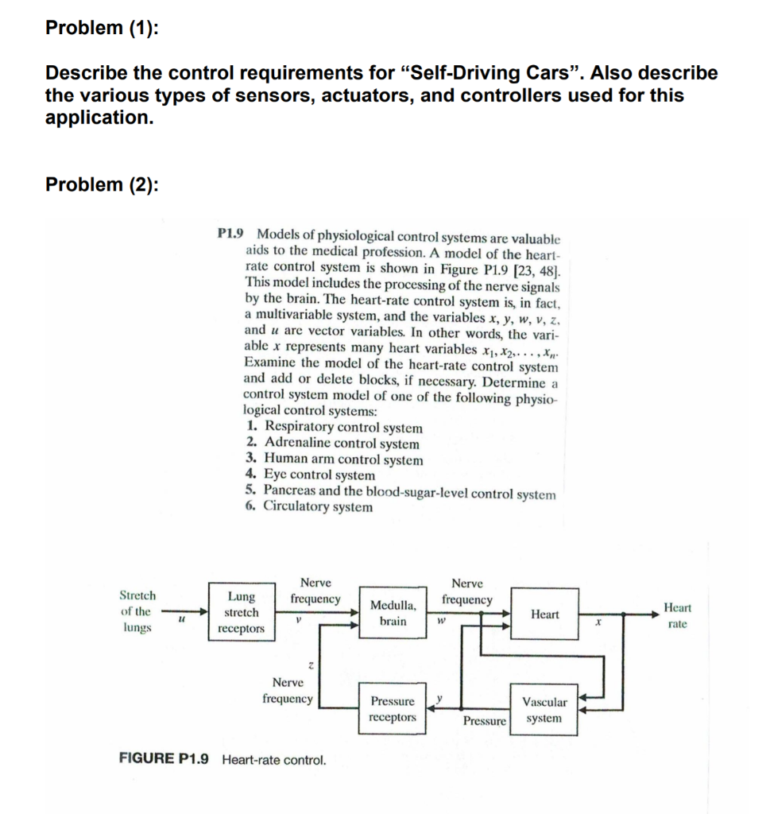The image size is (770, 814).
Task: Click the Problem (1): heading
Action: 102,28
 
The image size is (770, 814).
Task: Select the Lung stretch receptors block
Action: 241,613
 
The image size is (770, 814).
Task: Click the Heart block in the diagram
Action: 544,614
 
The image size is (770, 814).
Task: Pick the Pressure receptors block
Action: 393,709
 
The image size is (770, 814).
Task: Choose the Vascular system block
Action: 544,710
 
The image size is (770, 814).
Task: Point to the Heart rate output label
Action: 677,615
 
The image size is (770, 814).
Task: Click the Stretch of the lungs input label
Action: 137,611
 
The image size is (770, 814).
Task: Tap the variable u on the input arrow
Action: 182,626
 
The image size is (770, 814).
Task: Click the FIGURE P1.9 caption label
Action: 164,759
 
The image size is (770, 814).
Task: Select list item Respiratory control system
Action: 342,428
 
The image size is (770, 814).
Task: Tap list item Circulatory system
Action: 317,506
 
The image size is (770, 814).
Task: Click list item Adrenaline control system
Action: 341,444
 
